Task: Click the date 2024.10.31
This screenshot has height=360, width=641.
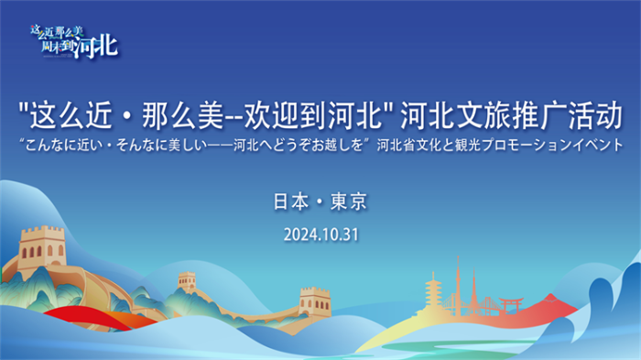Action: click(x=320, y=234)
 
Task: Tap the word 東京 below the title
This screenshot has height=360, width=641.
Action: click(x=348, y=201)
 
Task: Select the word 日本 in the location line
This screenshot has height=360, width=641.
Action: click(x=292, y=201)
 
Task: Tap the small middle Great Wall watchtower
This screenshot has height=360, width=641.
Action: click(x=187, y=280)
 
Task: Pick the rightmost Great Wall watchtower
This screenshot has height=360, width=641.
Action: click(x=314, y=300)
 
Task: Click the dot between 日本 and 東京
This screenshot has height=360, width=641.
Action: click(x=320, y=201)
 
